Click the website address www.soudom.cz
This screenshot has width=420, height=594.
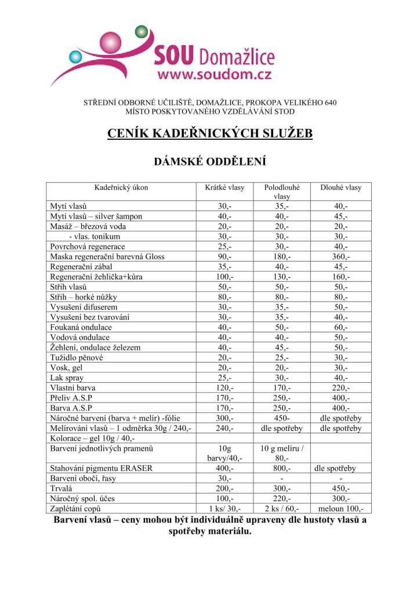tap(214, 75)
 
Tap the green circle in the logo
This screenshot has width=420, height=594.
tap(142, 31)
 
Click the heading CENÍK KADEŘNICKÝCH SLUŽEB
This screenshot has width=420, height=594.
tap(210, 134)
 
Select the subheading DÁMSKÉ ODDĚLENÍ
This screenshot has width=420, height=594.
tap(209, 162)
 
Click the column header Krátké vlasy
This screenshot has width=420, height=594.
tap(225, 187)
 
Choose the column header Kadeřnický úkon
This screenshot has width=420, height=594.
tap(121, 187)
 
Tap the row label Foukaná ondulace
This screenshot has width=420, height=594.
tap(81, 327)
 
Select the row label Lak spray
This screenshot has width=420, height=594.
tap(67, 378)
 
